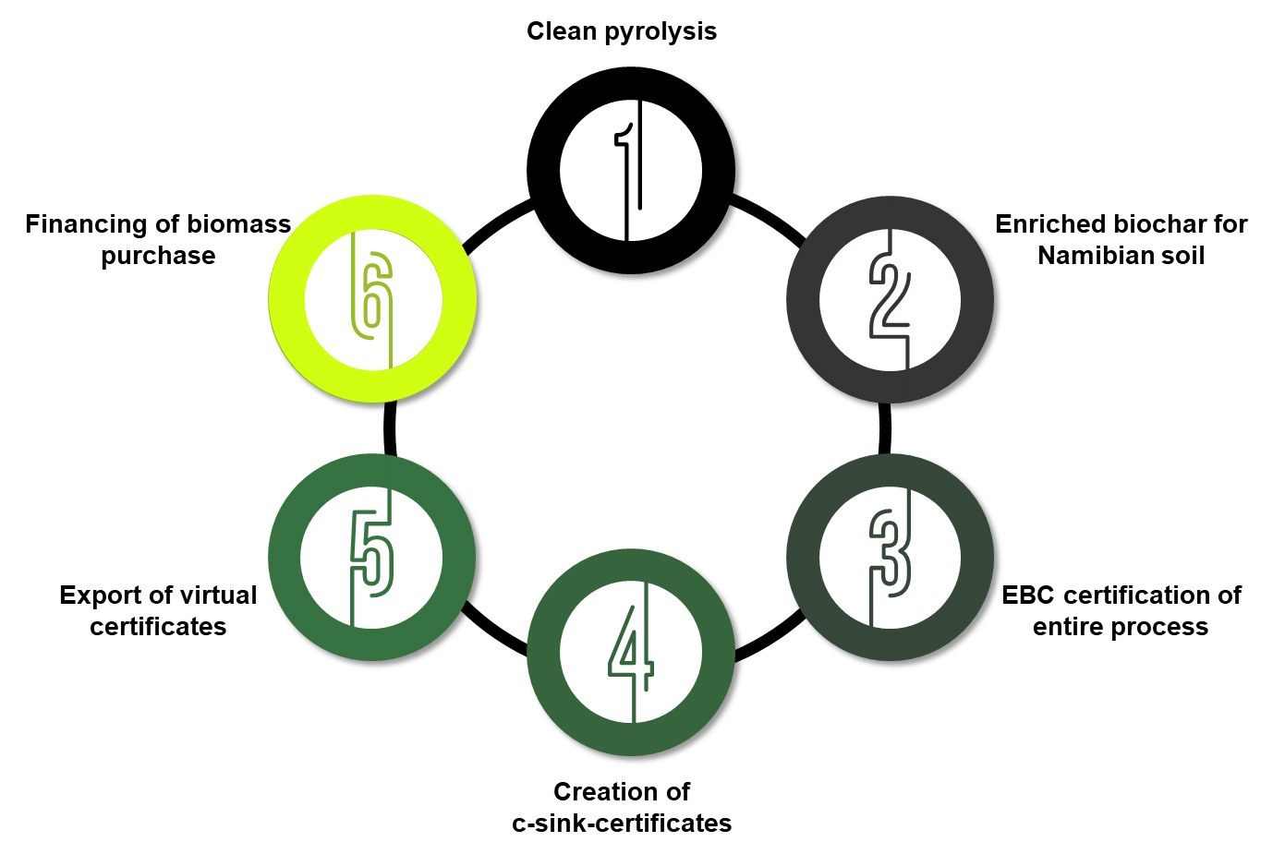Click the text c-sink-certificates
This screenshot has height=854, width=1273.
[622, 824]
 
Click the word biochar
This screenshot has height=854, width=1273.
[1122, 224]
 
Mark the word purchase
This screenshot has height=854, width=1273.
[158, 256]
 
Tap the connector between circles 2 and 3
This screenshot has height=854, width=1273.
[885, 428]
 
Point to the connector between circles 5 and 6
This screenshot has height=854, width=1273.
[390, 428]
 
